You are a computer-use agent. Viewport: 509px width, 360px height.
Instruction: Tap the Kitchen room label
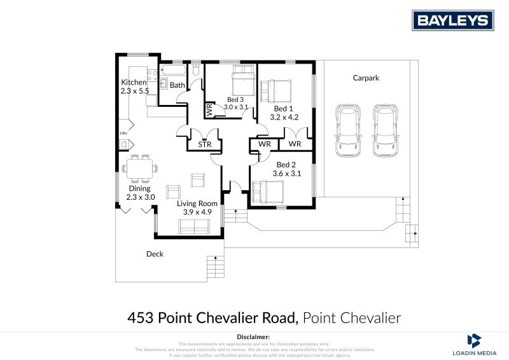(x=134, y=83)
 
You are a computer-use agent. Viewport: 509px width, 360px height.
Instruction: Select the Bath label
(x=178, y=85)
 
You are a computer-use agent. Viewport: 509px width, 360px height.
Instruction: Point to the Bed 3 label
(x=235, y=100)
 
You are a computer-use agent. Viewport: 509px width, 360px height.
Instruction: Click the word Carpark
(x=366, y=78)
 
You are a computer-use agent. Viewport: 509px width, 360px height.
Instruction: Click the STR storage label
(x=204, y=145)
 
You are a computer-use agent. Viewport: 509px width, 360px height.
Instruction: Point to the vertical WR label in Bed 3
(x=209, y=110)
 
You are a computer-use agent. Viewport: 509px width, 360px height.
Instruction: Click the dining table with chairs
(x=139, y=169)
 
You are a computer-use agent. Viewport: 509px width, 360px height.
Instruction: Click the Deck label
(x=155, y=254)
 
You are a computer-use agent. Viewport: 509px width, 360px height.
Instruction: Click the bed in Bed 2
(x=268, y=190)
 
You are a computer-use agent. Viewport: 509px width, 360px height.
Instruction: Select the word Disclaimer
(x=253, y=336)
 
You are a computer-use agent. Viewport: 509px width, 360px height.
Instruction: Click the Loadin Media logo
(x=474, y=343)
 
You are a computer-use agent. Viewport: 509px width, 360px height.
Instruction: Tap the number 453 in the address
(x=141, y=317)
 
